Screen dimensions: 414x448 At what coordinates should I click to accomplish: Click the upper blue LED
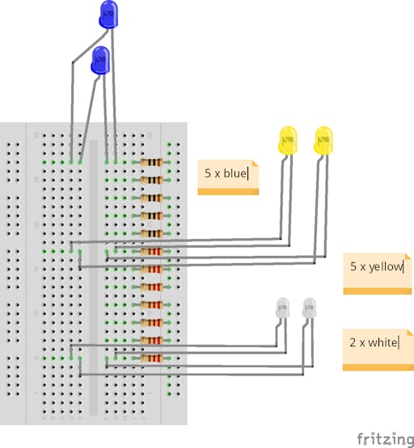(x=108, y=15)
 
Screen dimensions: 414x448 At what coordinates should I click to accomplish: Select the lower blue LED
(x=100, y=61)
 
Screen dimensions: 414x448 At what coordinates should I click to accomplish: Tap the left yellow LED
(x=288, y=140)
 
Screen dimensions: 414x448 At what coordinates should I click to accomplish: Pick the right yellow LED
(x=323, y=140)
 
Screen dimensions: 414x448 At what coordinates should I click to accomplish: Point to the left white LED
(x=282, y=308)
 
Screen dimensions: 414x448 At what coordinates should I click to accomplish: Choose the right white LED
(x=309, y=308)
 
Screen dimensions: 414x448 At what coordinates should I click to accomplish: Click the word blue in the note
(x=234, y=173)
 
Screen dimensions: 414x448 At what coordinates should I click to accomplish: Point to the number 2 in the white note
(x=353, y=342)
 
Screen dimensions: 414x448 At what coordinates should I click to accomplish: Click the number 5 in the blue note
(x=208, y=173)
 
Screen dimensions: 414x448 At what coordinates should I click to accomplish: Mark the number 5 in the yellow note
(x=353, y=266)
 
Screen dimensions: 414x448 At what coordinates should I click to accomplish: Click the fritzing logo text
(x=386, y=439)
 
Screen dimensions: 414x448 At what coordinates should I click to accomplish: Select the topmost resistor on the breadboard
(x=152, y=162)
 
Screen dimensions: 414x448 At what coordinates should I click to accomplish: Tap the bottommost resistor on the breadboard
(x=152, y=358)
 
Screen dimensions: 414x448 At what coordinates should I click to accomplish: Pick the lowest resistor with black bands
(x=152, y=234)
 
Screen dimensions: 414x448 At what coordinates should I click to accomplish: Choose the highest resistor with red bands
(x=152, y=251)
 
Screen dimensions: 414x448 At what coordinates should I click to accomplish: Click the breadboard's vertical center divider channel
(x=94, y=277)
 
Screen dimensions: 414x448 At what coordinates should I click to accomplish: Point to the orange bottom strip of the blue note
(x=228, y=192)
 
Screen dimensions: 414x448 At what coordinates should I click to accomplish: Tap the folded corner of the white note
(x=410, y=333)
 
